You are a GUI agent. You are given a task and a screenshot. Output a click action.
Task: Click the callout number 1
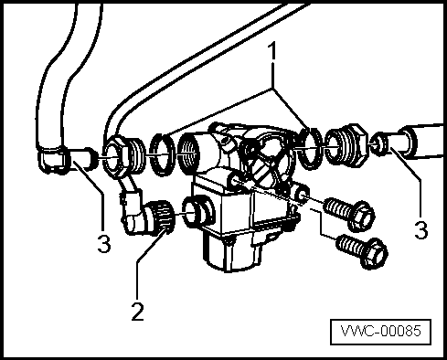[272, 51]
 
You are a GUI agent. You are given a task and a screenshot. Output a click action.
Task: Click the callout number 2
[137, 312]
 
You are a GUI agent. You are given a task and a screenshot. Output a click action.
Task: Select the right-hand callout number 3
[421, 229]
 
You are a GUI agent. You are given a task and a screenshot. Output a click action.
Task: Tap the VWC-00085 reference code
[381, 332]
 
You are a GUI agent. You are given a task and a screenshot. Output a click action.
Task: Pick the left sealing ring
[163, 154]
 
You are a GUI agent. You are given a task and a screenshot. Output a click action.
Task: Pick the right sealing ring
[310, 147]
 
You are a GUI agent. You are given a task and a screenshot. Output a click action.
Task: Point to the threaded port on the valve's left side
[191, 154]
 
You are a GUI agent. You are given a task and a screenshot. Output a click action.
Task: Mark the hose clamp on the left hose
[52, 159]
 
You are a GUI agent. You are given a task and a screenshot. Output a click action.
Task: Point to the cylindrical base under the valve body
[230, 253]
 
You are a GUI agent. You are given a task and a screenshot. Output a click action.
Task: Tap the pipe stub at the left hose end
[82, 158]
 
